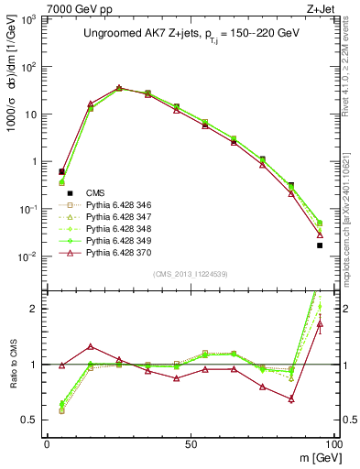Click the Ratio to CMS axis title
click(13, 364)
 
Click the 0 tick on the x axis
click(48, 442)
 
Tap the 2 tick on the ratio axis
click(37, 309)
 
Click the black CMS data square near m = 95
click(320, 245)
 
